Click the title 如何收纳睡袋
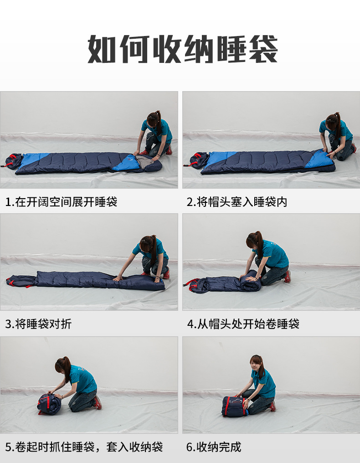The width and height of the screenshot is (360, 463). (x=183, y=49)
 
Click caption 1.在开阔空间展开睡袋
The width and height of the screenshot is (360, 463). (x=62, y=202)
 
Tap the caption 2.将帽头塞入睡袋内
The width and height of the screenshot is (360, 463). (x=237, y=202)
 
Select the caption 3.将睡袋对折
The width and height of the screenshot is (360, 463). (x=38, y=324)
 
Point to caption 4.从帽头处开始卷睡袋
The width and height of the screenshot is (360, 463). (x=243, y=324)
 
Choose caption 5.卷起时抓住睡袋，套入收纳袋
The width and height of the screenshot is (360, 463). (x=84, y=447)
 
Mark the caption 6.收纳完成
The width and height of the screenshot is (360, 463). (x=214, y=447)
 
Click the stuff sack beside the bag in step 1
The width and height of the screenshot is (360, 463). (x=13, y=161)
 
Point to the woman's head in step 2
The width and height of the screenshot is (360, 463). (x=333, y=121)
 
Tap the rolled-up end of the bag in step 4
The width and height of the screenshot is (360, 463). (x=250, y=281)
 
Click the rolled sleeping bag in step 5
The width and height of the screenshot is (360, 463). (x=49, y=403)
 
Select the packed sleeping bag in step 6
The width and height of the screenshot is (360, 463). (x=235, y=406)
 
